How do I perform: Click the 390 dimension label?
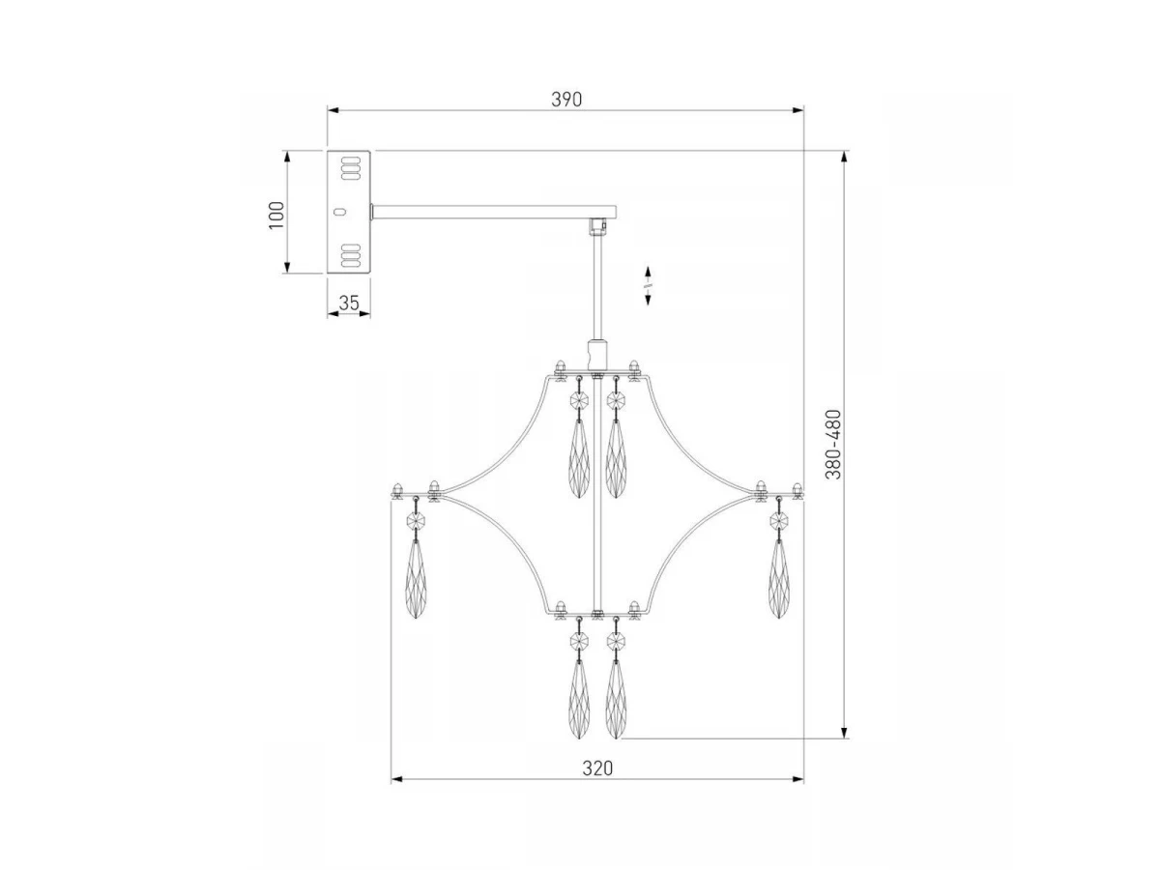(566, 100)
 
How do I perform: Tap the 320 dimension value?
(597, 768)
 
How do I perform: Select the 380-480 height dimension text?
(833, 445)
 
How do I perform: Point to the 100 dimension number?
(276, 215)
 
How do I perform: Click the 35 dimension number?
(349, 304)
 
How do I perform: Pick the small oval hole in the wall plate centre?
(341, 212)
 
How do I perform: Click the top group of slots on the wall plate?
(351, 168)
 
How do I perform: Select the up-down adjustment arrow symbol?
(648, 286)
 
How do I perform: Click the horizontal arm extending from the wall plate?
(494, 212)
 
